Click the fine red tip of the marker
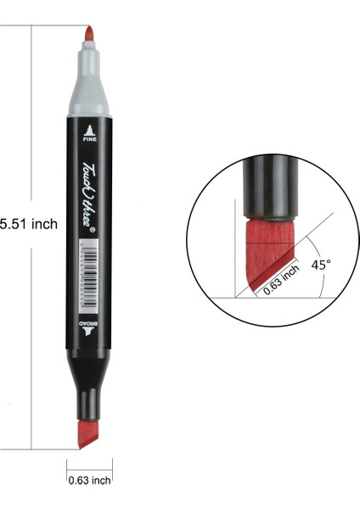(88, 35)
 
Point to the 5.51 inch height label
(27, 224)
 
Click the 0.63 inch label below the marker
(89, 480)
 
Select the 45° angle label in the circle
(320, 265)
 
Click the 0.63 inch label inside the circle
(281, 279)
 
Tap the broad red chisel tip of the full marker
(88, 434)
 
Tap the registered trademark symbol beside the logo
(95, 228)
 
